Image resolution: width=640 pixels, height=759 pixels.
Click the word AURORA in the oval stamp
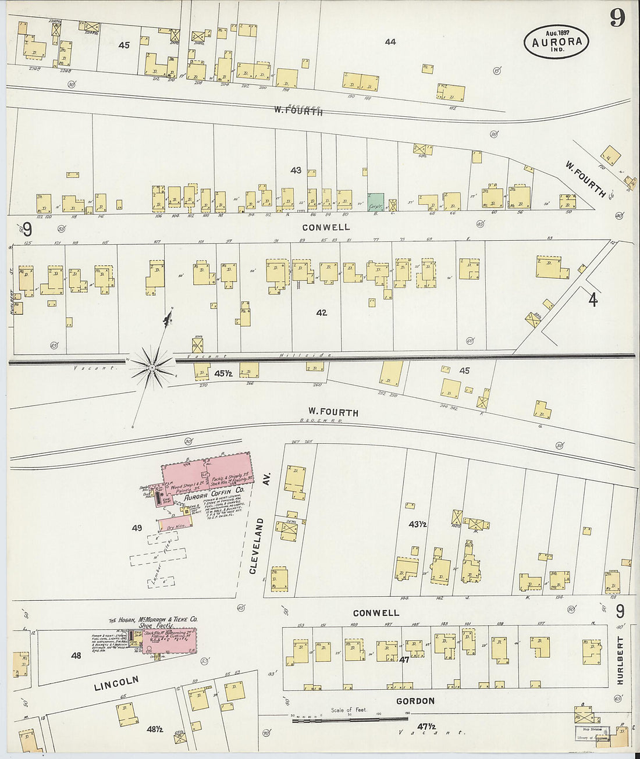pos(556,42)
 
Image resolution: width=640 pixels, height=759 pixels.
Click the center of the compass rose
pos(152,368)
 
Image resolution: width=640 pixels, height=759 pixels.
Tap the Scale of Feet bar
pos(349,720)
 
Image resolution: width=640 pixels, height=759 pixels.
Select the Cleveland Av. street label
pos(257,539)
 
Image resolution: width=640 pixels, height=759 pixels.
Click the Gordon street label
pos(415,701)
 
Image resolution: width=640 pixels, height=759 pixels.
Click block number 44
pos(390,42)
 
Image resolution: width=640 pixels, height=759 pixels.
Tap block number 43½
pos(417,524)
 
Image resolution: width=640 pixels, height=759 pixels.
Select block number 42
pos(321,313)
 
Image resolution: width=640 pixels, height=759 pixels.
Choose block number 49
pos(137,528)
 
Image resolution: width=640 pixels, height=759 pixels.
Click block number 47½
pos(426,726)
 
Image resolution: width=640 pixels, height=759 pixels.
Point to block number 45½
pos(223,373)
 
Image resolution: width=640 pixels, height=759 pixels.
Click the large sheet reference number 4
pos(592,300)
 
